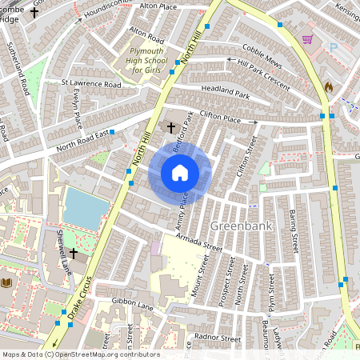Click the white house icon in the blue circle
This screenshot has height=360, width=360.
pyautogui.click(x=180, y=173)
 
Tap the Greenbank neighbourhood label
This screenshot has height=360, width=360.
pyautogui.click(x=242, y=226)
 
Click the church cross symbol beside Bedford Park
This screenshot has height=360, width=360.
pyautogui.click(x=170, y=126)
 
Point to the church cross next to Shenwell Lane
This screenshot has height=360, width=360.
pyautogui.click(x=74, y=254)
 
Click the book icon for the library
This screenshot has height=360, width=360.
pyautogui.click(x=7, y=283)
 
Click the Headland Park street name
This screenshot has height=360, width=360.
pyautogui.click(x=226, y=94)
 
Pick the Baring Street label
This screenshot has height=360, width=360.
pyautogui.click(x=294, y=226)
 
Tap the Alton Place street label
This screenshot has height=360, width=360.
pyautogui.click(x=158, y=6)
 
